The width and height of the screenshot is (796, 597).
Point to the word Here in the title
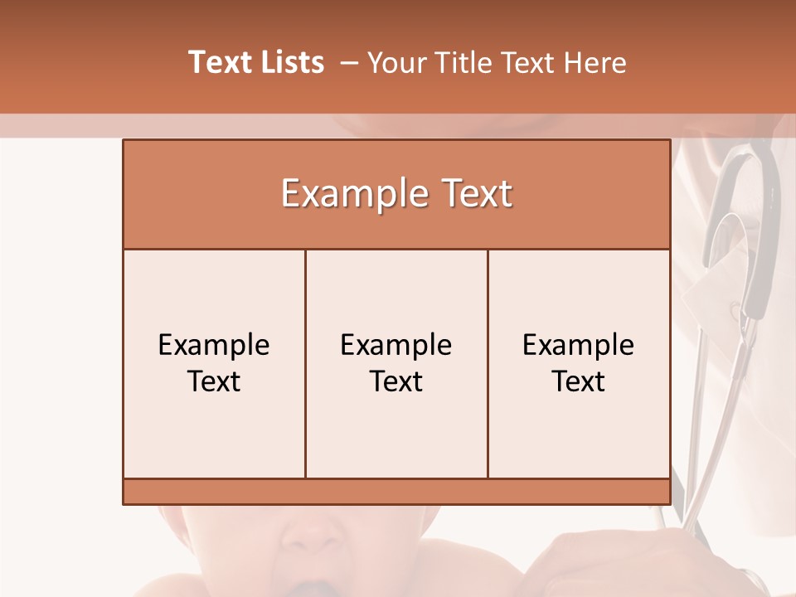coord(595,63)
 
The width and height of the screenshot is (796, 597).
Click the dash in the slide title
coord(349,63)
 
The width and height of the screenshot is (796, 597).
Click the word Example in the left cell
coord(214,345)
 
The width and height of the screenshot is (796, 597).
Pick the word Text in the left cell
coord(214,381)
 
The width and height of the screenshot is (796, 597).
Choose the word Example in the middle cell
coord(396,345)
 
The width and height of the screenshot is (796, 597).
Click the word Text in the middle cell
coord(396,381)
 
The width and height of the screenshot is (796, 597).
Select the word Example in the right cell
coord(578,345)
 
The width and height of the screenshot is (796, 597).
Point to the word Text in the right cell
coord(578,381)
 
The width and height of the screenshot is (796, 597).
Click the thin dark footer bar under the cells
coord(396,491)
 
